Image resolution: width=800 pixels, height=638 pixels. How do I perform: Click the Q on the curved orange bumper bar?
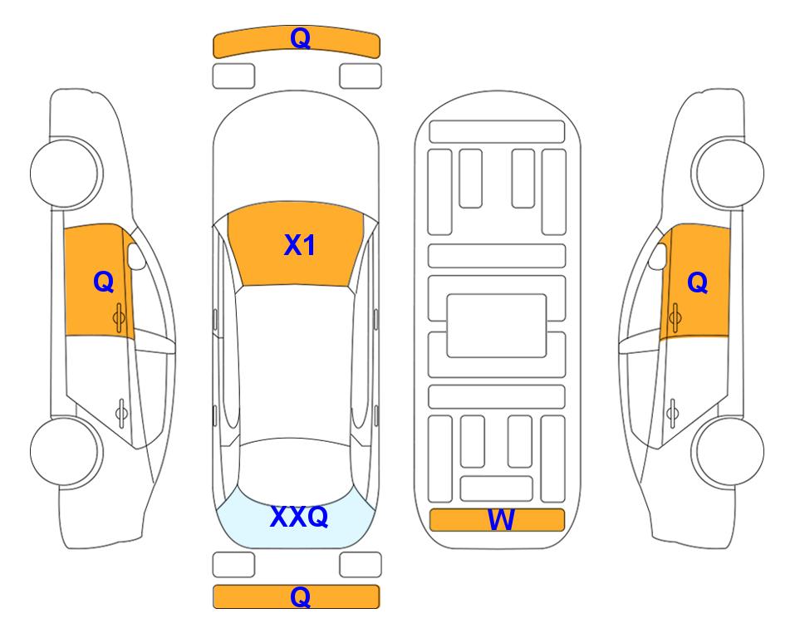300,38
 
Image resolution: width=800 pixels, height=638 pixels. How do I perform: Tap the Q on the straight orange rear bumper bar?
300,596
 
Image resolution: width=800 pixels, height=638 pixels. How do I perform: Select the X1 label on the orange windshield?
300,245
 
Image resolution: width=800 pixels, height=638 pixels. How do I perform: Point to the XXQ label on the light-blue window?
299,517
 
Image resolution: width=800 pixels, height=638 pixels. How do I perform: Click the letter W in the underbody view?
500,520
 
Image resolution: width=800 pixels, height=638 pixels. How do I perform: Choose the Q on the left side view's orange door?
104,282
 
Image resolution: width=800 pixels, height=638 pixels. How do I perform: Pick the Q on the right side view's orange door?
698,282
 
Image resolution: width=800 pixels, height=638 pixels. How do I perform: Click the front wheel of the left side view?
66,173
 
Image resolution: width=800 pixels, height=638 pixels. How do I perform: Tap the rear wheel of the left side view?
66,451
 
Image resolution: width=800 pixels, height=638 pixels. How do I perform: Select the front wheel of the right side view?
729,173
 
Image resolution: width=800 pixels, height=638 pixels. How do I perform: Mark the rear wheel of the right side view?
729,451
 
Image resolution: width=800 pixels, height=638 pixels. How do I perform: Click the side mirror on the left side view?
135,256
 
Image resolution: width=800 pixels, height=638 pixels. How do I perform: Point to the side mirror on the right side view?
658,256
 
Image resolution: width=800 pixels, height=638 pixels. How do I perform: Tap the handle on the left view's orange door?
120,317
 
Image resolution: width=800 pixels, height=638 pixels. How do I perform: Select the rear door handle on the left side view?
121,412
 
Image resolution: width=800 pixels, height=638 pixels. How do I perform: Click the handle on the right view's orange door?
675,317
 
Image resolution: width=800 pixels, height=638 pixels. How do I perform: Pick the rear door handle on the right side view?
672,412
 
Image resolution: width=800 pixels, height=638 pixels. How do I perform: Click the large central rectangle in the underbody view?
497,326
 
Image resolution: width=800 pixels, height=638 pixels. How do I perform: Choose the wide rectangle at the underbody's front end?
497,132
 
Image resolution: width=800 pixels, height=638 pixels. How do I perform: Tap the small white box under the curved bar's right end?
361,76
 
